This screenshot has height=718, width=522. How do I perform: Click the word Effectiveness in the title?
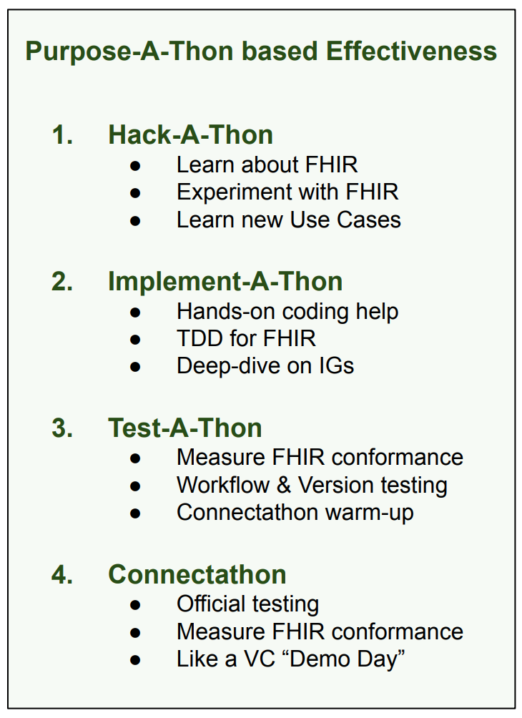(x=411, y=51)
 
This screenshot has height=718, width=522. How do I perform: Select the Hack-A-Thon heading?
(x=190, y=134)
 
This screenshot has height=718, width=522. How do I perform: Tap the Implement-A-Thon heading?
(x=225, y=281)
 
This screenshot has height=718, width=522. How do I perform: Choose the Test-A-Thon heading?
(x=185, y=428)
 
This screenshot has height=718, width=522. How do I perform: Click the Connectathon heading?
(x=197, y=574)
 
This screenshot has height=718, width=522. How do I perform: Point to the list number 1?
(x=63, y=134)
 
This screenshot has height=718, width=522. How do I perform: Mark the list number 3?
(x=62, y=428)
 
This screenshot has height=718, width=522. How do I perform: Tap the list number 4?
(x=62, y=574)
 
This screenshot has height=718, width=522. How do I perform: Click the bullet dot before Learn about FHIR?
(x=135, y=166)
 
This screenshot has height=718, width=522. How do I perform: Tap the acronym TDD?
(x=200, y=339)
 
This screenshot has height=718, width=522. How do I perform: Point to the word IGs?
(x=336, y=366)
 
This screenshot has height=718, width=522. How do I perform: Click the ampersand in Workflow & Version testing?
(x=283, y=486)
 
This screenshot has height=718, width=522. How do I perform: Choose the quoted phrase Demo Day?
(x=343, y=659)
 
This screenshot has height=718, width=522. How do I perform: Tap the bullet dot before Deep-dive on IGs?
(x=135, y=368)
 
